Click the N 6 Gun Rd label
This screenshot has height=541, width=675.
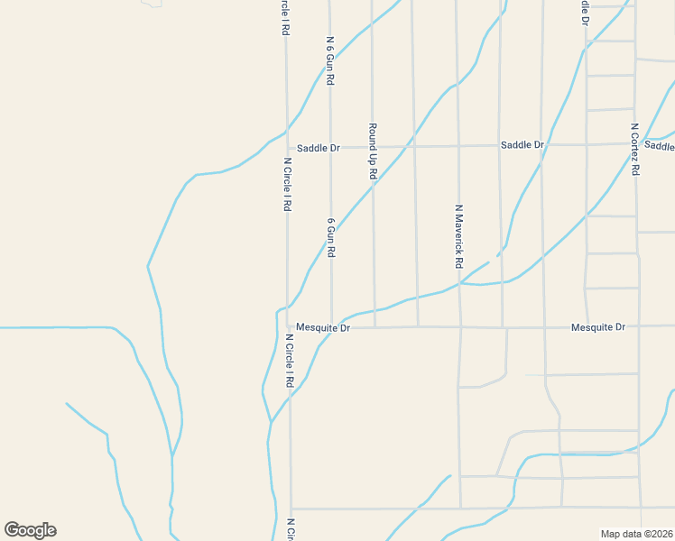click(x=330, y=61)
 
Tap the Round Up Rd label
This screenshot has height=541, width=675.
click(x=372, y=151)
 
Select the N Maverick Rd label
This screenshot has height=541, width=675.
click(x=458, y=236)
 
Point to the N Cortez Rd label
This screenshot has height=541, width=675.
click(x=635, y=149)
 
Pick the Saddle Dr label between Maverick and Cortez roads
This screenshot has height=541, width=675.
click(x=522, y=145)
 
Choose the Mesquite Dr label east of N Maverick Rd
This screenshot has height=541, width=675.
click(x=597, y=326)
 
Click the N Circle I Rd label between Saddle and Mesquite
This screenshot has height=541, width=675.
click(x=286, y=185)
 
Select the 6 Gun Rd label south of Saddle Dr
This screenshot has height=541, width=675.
click(x=331, y=237)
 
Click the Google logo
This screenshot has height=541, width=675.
click(x=30, y=530)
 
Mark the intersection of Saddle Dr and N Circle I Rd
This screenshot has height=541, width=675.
click(x=287, y=147)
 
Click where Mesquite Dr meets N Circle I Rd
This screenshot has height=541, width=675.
click(x=289, y=327)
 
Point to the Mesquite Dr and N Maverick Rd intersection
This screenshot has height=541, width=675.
click(x=460, y=326)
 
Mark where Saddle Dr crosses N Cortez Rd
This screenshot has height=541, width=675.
click(x=636, y=143)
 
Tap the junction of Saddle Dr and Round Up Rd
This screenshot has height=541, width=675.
click(x=372, y=146)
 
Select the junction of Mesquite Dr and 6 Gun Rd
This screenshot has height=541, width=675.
click(x=331, y=327)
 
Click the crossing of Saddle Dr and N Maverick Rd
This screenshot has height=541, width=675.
click(x=458, y=145)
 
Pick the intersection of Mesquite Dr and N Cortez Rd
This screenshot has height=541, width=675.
click(x=639, y=326)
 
